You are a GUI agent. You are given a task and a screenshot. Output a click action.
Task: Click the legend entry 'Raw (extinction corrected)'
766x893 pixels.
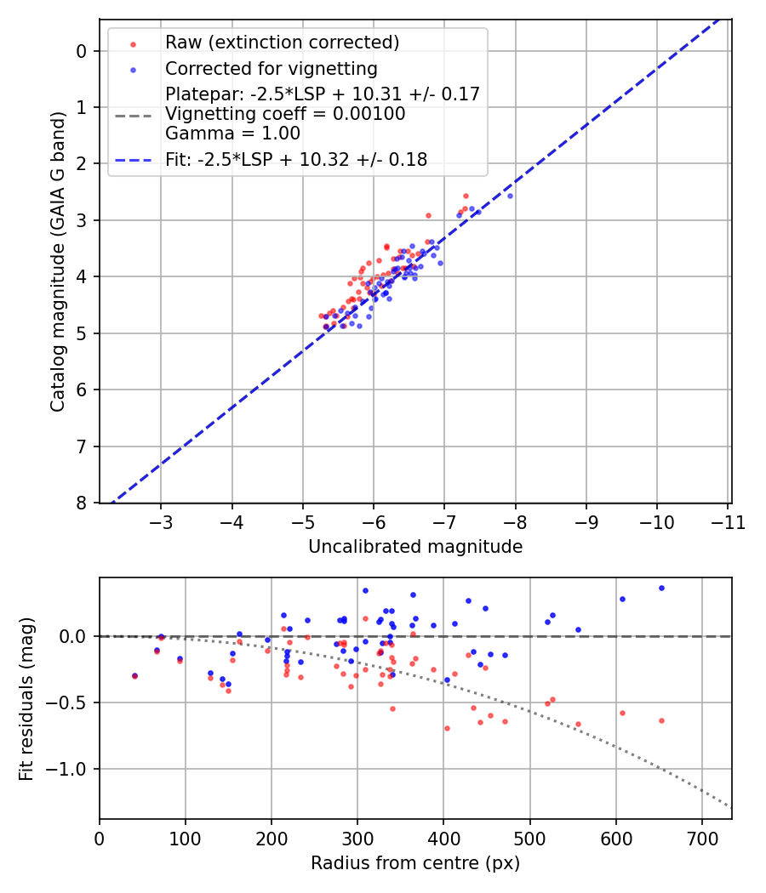pyautogui.click(x=282, y=43)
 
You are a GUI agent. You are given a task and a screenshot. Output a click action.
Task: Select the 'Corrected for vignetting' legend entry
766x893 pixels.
pyautogui.click(x=271, y=68)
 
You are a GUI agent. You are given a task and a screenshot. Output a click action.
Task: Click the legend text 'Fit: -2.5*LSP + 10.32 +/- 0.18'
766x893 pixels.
pyautogui.click(x=296, y=159)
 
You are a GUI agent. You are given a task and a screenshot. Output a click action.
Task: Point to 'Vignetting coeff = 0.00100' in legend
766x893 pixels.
pyautogui.click(x=285, y=113)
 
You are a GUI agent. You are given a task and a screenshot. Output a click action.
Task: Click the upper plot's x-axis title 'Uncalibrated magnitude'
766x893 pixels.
pyautogui.click(x=415, y=547)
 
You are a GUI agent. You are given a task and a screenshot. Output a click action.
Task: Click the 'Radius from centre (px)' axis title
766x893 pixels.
pyautogui.click(x=415, y=863)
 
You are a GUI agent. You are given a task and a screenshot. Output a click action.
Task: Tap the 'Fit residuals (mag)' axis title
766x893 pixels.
pyautogui.click(x=27, y=698)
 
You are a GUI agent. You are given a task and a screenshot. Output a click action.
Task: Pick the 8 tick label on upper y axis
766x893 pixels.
pyautogui.click(x=81, y=503)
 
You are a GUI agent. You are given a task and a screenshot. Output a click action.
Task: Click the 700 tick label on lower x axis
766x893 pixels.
pyautogui.click(x=701, y=838)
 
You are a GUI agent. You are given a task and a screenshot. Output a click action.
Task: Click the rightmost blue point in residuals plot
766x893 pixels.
pyautogui.click(x=661, y=588)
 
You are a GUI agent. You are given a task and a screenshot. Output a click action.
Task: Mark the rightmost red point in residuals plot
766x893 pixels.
pyautogui.click(x=661, y=720)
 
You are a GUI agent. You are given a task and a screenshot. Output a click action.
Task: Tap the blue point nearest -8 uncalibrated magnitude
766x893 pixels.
pyautogui.click(x=510, y=196)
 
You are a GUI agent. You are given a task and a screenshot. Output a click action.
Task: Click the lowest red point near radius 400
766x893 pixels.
pyautogui.click(x=447, y=728)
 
